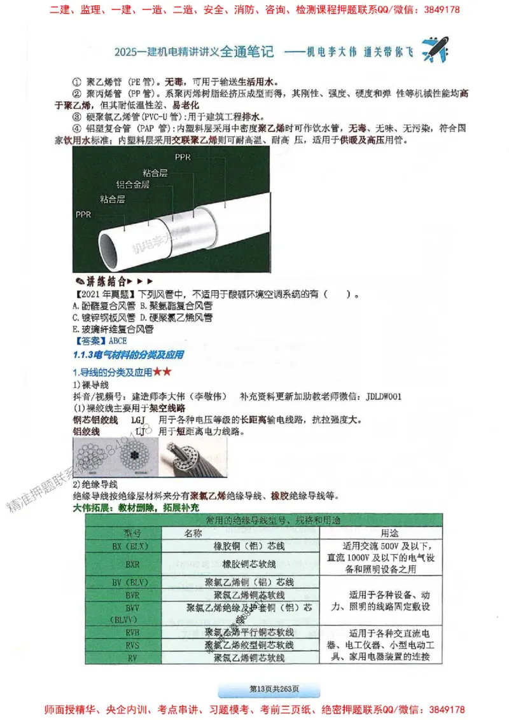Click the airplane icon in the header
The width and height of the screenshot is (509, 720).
(435, 49)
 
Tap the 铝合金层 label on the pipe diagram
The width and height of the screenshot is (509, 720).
(132, 184)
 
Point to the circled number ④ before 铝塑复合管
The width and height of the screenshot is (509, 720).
(76, 128)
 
